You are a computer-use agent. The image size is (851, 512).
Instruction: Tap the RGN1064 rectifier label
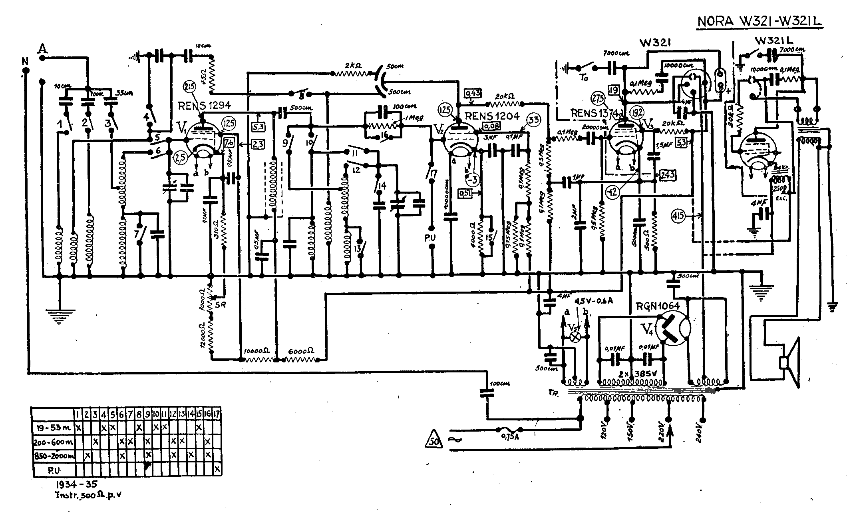[x=658, y=306]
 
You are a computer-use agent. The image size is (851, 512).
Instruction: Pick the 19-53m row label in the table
[x=53, y=428]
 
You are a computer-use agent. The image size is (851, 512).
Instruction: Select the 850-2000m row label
[x=53, y=456]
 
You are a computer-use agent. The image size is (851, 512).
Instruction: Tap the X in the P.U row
[x=217, y=469]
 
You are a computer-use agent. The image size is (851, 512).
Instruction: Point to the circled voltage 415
[x=678, y=216]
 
